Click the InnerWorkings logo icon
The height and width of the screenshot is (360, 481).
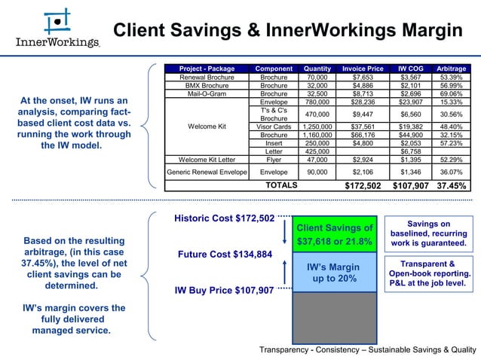[57, 21]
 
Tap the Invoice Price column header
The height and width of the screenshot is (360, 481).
[363, 69]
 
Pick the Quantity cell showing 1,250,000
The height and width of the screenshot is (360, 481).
[317, 127]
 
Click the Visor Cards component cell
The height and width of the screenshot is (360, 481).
[274, 127]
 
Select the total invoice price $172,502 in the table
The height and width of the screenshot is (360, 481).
[363, 185]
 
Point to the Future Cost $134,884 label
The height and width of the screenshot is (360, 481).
[224, 254]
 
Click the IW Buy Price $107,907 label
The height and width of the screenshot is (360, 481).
[224, 290]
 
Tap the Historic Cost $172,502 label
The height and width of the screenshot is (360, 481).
[224, 218]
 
